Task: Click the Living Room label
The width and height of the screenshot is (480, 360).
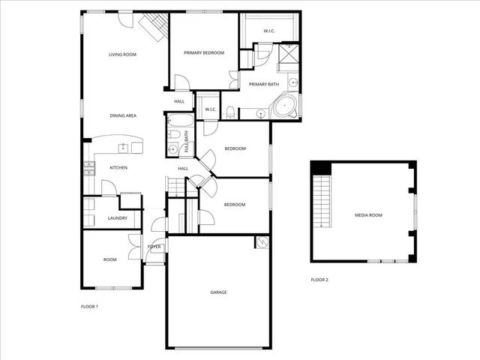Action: coord(122,55)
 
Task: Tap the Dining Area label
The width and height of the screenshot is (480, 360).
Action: coord(122,115)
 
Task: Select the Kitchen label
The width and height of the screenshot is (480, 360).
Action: coord(118,167)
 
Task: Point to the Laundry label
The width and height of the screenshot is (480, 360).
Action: coord(118,218)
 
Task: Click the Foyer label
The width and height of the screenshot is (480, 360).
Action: coord(154,246)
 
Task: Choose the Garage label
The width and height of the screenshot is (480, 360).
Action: coord(218,292)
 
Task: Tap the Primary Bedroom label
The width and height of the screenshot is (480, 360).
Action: coord(203,52)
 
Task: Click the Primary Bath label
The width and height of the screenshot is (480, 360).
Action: coord(264,84)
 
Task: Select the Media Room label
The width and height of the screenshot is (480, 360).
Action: coord(368,215)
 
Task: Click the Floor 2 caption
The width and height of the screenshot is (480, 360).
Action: coord(319,280)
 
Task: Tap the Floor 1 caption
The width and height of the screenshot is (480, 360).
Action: coord(89,306)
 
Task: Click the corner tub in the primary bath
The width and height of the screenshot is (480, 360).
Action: coord(285,106)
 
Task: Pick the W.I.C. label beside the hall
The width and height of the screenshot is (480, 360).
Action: coord(211,109)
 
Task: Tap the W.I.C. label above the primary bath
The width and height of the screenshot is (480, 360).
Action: coord(269,31)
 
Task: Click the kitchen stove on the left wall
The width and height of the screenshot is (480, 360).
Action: coord(88,168)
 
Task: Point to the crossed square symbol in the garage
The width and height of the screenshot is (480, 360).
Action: coord(262,241)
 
